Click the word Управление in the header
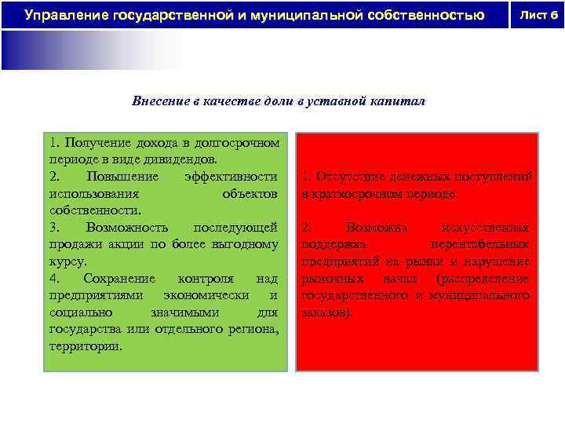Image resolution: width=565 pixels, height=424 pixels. [x=65, y=15]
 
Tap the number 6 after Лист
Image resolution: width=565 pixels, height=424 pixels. [x=552, y=14]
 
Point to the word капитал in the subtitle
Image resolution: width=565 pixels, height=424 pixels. [x=399, y=102]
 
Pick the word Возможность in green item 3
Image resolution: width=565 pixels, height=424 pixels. [x=127, y=227]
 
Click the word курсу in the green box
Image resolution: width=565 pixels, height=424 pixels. [x=64, y=261]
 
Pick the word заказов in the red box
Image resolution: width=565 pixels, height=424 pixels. [x=325, y=313]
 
